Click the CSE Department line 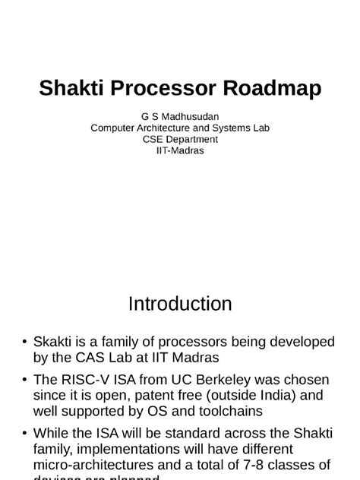click(179, 139)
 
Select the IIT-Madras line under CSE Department click(179, 150)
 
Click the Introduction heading click(180, 305)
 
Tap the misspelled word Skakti click(55, 342)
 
